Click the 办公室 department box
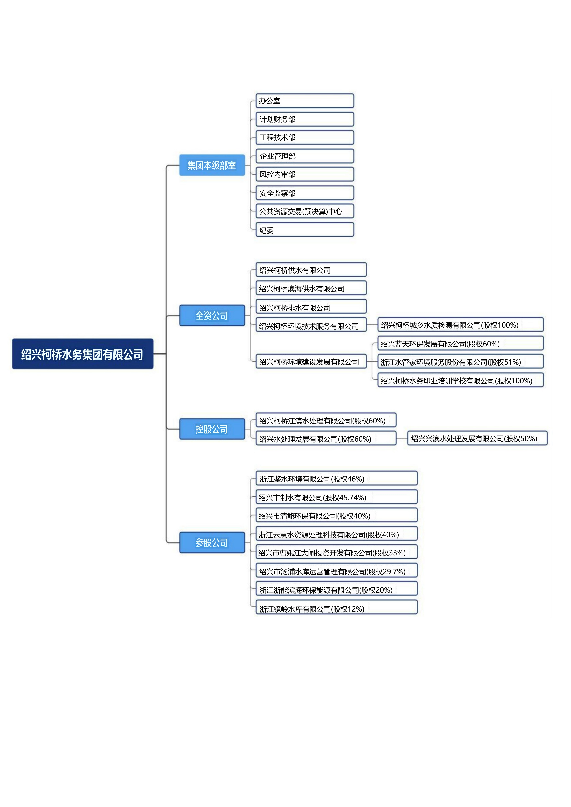305,101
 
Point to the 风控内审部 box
305,174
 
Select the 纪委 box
305,230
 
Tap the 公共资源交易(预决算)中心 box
305,211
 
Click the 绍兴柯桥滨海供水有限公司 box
311,288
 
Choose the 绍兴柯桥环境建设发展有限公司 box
311,361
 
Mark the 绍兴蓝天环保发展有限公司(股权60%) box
460,343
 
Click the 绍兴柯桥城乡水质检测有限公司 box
460,325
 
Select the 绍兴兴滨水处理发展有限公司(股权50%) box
477,438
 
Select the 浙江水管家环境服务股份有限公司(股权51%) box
460,362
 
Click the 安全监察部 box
305,193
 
